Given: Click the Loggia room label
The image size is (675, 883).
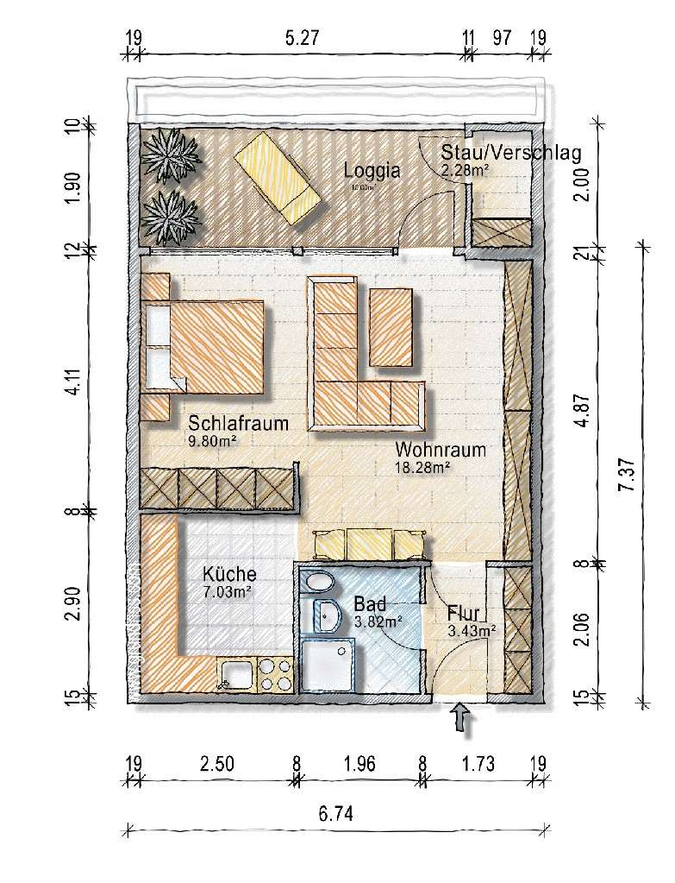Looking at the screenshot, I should tap(372, 170).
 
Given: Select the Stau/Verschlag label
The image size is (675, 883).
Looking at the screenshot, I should tap(520, 152).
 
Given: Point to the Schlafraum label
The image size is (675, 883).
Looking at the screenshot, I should tap(238, 424).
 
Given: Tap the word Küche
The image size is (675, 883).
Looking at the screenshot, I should tap(229, 574).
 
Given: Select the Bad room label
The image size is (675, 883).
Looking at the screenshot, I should tap(369, 603).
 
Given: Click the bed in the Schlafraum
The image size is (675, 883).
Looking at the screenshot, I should tap(216, 344).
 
